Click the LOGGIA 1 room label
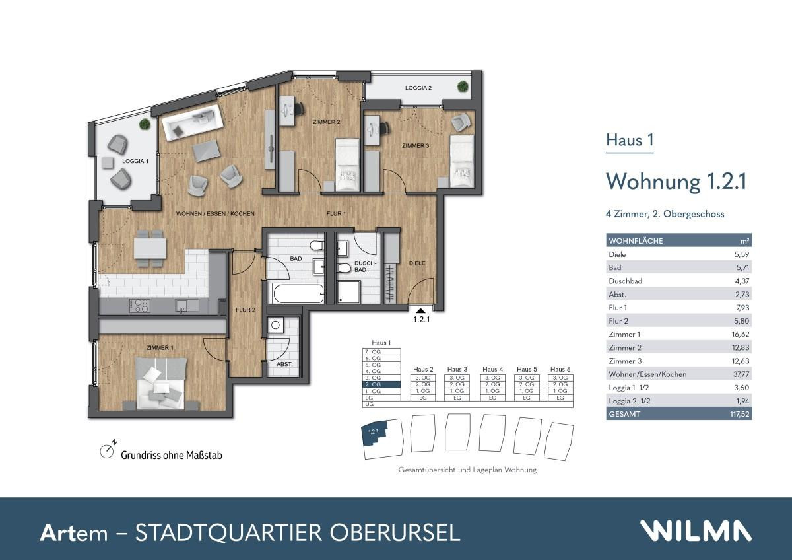click(135, 161)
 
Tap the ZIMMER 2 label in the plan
click(326, 122)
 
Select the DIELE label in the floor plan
click(417, 263)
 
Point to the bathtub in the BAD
click(296, 293)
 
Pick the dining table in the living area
click(150, 248)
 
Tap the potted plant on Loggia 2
click(463, 87)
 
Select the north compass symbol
click(107, 451)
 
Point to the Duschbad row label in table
click(625, 281)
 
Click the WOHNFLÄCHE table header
click(636, 241)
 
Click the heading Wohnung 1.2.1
click(676, 180)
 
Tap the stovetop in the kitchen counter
click(140, 305)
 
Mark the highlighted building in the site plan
click(376, 436)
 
